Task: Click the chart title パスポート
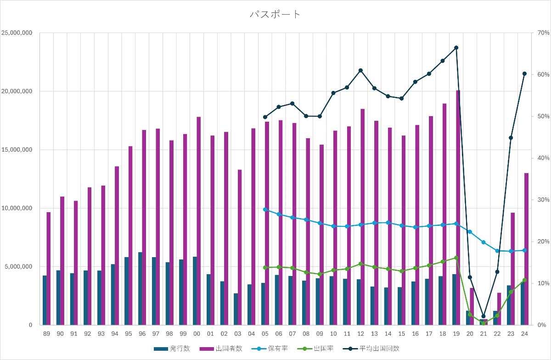[275, 14]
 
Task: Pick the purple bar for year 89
[49, 268]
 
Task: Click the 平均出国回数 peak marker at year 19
[456, 48]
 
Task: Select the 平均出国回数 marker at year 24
[524, 73]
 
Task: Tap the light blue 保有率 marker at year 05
[265, 209]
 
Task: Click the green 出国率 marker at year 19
[456, 258]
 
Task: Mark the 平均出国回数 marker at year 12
[360, 70]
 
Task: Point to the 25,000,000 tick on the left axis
[17, 33]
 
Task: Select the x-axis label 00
[197, 334]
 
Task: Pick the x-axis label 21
[483, 334]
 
